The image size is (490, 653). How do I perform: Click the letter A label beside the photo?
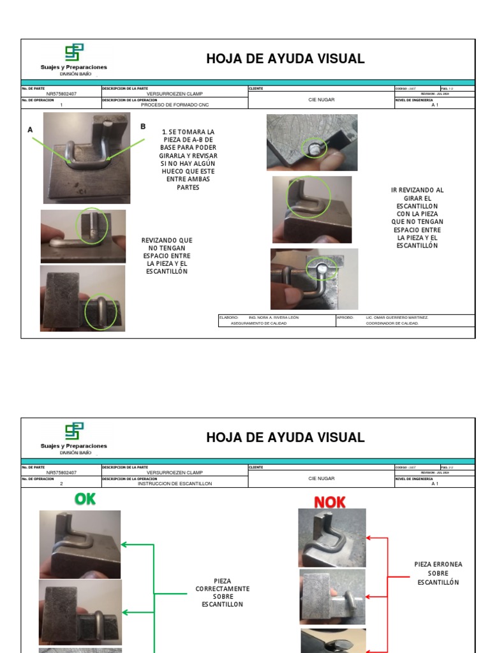pyautogui.click(x=30, y=130)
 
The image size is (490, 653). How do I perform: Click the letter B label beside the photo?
pyautogui.click(x=143, y=127)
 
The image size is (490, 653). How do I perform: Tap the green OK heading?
pyautogui.click(x=85, y=499)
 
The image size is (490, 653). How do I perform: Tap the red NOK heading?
pyautogui.click(x=329, y=503)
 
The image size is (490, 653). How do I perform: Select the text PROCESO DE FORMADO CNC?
pyautogui.click(x=175, y=105)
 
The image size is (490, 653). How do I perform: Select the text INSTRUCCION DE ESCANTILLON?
pyautogui.click(x=175, y=483)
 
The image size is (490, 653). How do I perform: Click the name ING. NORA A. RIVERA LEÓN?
pyautogui.click(x=273, y=317)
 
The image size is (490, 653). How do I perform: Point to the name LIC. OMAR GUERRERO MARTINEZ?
pyautogui.click(x=397, y=317)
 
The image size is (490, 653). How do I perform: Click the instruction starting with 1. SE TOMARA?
pyautogui.click(x=188, y=159)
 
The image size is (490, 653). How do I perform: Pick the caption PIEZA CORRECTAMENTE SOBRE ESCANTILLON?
pyautogui.click(x=223, y=593)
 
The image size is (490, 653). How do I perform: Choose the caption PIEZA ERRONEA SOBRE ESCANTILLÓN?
pyautogui.click(x=438, y=573)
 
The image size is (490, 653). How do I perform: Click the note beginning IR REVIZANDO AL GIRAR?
pyautogui.click(x=417, y=217)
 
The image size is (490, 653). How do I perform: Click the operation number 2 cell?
pyautogui.click(x=61, y=483)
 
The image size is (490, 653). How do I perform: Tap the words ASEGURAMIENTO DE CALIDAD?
pyautogui.click(x=258, y=323)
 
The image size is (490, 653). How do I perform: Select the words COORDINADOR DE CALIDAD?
pyautogui.click(x=392, y=323)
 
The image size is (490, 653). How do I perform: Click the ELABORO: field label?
pyautogui.click(x=228, y=317)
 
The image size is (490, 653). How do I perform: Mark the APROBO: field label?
pyautogui.click(x=345, y=317)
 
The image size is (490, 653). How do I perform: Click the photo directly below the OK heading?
pyautogui.click(x=80, y=544)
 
